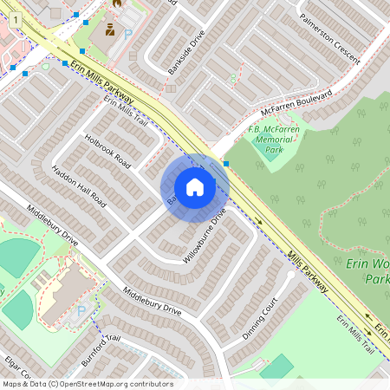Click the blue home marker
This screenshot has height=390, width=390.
coord(195,187)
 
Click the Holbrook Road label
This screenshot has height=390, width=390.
coord(107,150)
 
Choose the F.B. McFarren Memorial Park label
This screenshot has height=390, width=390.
coord(274,140)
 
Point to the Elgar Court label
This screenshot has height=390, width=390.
coord(17,367)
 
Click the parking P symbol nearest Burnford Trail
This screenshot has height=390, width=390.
coord(81,311)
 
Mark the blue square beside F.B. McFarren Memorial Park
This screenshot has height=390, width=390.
coord(226,163)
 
